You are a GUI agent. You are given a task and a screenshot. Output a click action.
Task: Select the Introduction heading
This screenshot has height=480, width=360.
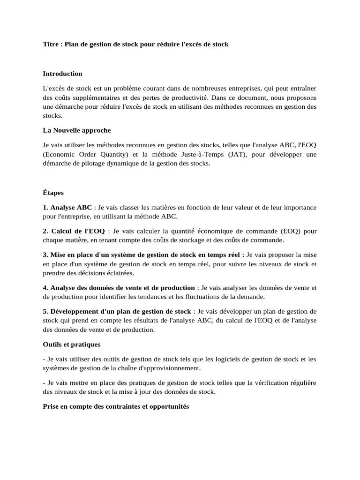62,74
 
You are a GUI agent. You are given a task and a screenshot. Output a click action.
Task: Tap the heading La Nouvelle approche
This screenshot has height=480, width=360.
77,130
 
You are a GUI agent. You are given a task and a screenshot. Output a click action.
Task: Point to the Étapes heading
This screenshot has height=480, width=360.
53,193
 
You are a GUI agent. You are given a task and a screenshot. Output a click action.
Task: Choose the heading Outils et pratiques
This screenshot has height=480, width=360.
72,345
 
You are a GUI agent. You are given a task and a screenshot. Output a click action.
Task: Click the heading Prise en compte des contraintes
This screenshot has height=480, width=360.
116,407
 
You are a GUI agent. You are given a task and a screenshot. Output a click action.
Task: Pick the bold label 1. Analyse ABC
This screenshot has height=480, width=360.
67,207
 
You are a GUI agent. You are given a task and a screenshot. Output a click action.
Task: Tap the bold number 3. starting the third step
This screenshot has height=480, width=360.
45,255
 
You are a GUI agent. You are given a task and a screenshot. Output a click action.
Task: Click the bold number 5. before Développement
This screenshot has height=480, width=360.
45,312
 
